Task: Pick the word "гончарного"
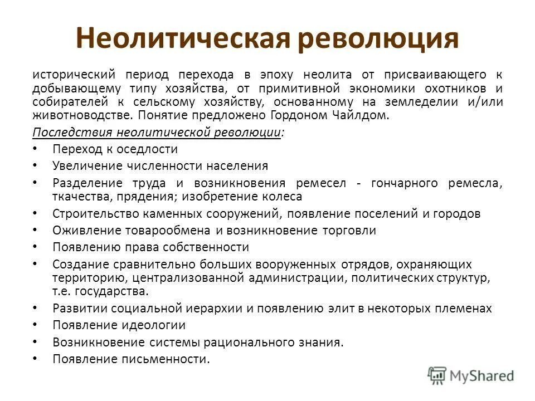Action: coord(401,183)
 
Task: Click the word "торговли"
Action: coord(352,230)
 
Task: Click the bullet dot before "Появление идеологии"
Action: coord(35,325)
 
